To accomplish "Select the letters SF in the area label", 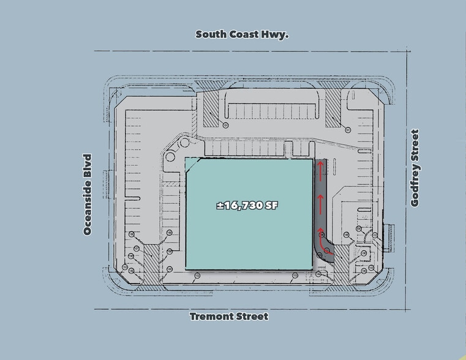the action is (x=272, y=206).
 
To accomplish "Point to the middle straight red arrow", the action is (x=320, y=201).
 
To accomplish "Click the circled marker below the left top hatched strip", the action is (x=226, y=125).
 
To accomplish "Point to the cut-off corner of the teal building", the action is (x=194, y=165).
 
